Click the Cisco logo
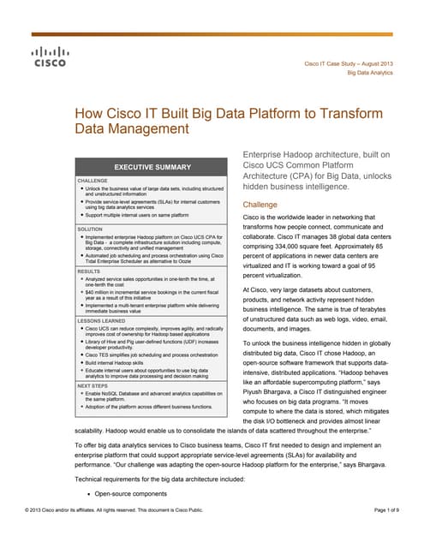pyautogui.click(x=48, y=57)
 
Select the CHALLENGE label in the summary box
pyautogui.click(x=93, y=182)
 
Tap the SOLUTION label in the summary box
pyautogui.click(x=92, y=229)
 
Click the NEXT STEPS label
pyautogui.click(x=95, y=385)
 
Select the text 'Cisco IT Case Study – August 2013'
pyautogui.click(x=349, y=64)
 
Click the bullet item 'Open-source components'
pyautogui.click(x=130, y=493)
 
